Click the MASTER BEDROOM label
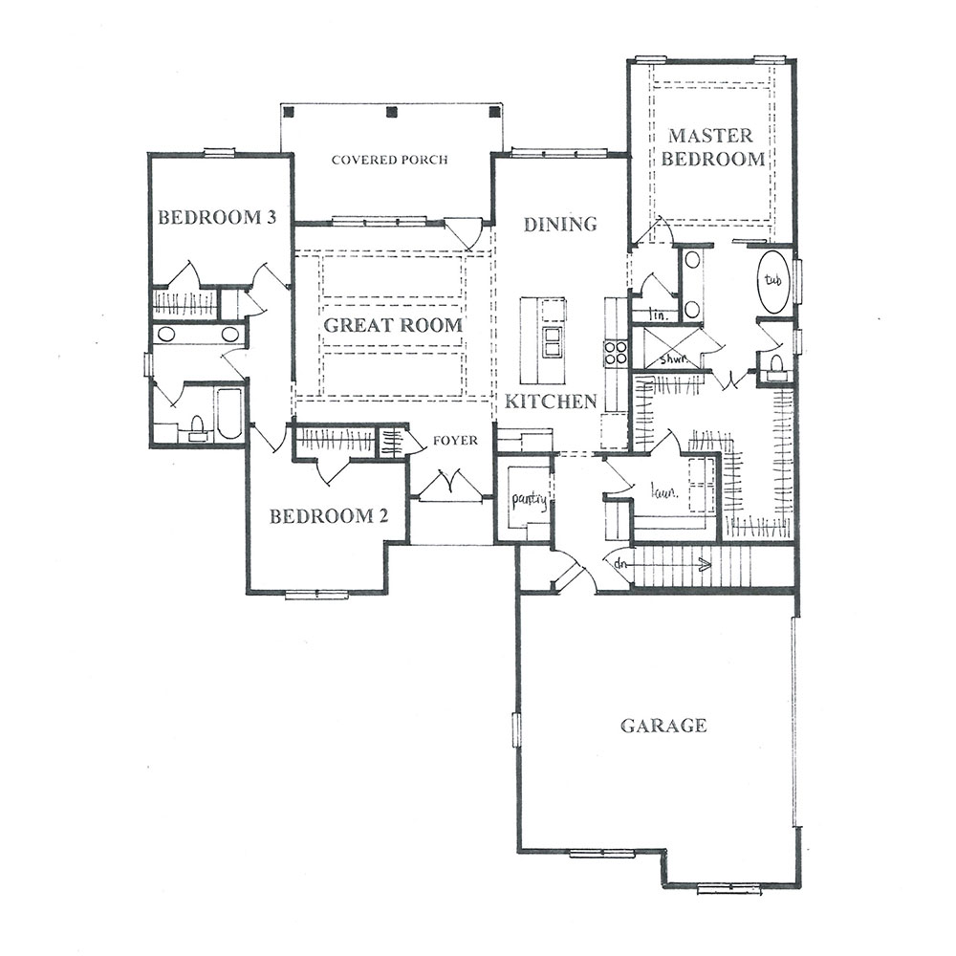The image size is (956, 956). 713,147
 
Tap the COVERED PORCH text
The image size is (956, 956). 390,160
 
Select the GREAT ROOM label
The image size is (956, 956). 393,325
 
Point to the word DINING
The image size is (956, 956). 560,225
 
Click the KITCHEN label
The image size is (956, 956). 551,402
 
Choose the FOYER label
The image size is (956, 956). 455,440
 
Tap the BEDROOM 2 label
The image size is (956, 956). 329,516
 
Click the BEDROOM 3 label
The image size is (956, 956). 217,217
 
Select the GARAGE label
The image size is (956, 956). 663,726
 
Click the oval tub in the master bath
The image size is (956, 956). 773,282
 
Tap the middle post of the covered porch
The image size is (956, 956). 392,112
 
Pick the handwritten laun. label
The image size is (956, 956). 664,491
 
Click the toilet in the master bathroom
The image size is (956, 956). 775,367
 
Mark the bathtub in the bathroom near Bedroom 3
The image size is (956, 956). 229,413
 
